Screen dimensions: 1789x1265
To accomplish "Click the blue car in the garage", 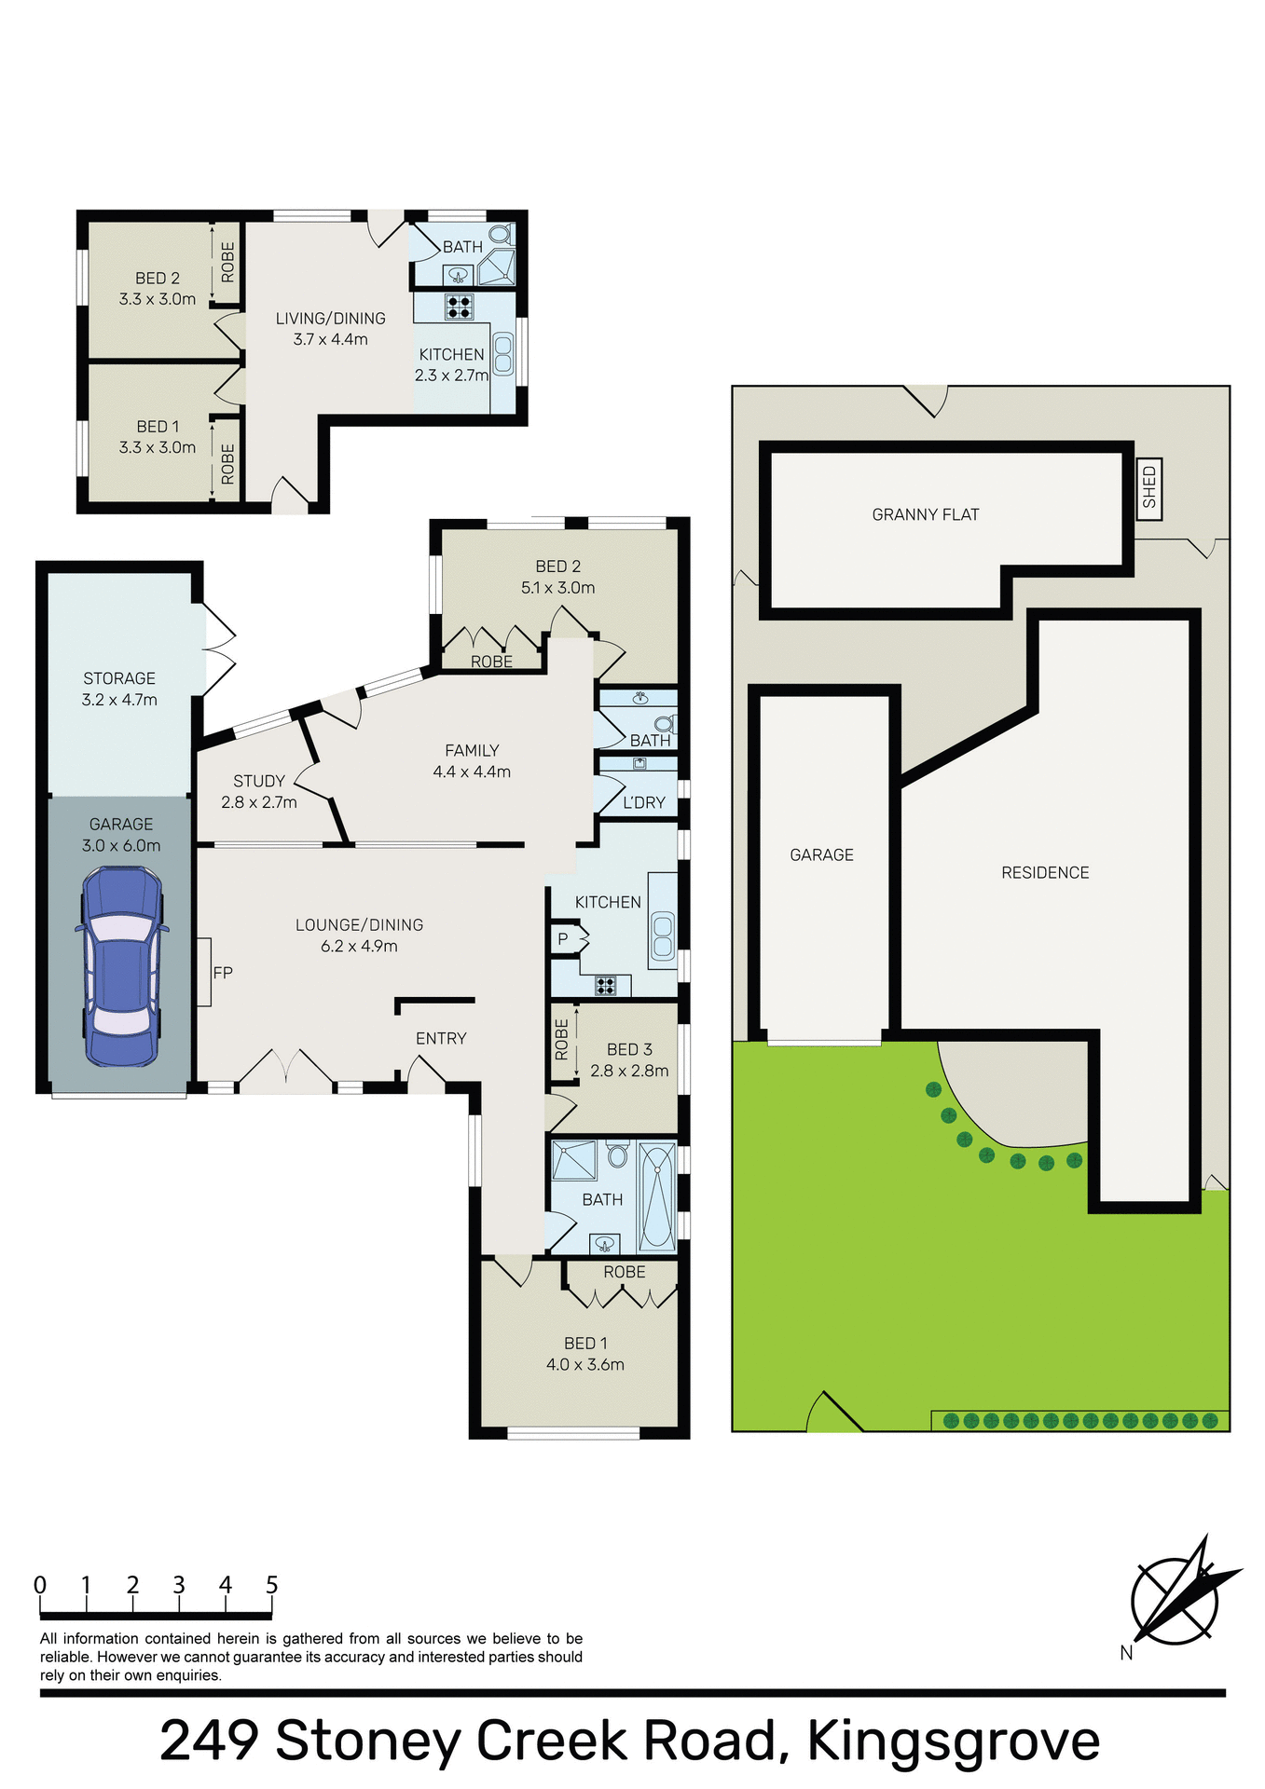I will tap(121, 966).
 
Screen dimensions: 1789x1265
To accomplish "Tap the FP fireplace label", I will tap(223, 973).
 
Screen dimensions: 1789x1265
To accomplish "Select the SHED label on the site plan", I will tap(1148, 486).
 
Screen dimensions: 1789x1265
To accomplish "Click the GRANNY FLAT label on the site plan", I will tap(925, 514).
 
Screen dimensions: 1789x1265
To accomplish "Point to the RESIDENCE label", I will tap(1045, 873).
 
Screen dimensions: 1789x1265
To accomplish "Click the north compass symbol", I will tap(1176, 1601).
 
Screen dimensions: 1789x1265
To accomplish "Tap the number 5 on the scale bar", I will tap(272, 1585).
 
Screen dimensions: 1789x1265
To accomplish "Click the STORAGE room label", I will tap(119, 678).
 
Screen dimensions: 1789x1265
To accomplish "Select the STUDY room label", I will tap(259, 781).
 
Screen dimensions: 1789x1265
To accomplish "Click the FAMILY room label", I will tap(472, 750).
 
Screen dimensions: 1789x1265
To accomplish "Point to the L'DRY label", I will tap(644, 802).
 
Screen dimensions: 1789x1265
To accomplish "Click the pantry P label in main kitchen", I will tap(563, 939).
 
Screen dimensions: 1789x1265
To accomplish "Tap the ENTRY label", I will tap(441, 1038).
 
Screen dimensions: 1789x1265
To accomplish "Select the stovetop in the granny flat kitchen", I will tap(459, 307).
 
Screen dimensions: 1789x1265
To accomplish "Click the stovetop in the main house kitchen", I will tap(605, 985).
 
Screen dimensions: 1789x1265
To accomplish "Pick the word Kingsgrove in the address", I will tap(953, 1741).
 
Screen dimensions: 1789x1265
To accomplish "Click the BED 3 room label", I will tap(629, 1049).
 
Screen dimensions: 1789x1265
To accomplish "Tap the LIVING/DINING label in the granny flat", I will tap(330, 319).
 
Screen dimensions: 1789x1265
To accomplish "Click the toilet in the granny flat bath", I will tap(501, 234).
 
